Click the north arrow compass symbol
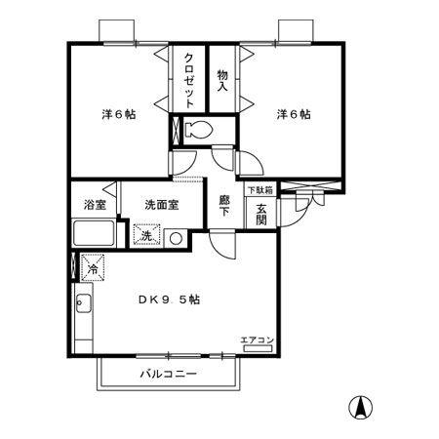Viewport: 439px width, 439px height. point(360,408)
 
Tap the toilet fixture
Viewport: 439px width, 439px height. point(198,130)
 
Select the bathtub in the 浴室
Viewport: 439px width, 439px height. point(94,233)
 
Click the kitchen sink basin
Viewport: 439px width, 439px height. point(83,303)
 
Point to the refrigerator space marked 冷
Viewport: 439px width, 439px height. point(93,268)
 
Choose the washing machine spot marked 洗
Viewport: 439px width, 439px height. point(147,235)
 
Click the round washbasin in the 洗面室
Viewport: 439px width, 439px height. point(176,238)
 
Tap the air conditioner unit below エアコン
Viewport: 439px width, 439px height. point(258,348)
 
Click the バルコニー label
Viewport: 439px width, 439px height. point(169,374)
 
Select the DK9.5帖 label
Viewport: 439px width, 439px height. point(169,299)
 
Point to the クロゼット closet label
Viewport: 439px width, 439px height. point(189,80)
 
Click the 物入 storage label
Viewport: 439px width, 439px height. point(222,80)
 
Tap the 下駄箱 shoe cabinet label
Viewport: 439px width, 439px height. point(260,190)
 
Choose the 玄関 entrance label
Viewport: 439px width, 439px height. point(260,215)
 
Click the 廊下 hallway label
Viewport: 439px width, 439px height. point(223,206)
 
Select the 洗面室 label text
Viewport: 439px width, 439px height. point(162,205)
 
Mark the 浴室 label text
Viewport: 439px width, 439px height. point(95,205)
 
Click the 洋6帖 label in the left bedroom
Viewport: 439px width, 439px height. point(119,114)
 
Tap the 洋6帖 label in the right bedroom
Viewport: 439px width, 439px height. point(294,114)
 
